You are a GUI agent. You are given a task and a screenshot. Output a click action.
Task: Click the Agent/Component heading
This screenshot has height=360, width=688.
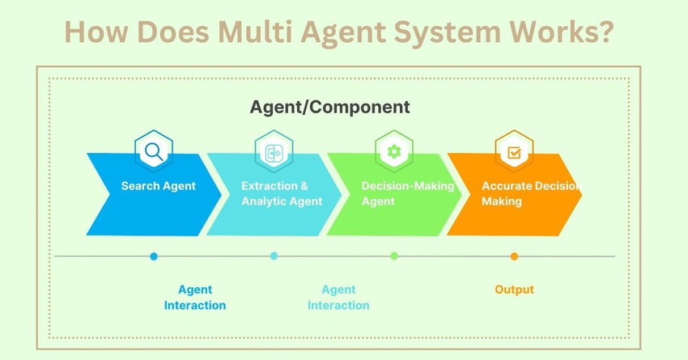(x=329, y=107)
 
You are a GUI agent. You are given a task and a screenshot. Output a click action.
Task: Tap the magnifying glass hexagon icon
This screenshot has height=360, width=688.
(x=154, y=151)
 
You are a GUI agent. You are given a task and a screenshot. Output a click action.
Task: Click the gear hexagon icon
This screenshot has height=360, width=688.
(x=394, y=151)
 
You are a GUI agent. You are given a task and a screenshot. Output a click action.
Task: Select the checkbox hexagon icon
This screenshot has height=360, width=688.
(x=514, y=151)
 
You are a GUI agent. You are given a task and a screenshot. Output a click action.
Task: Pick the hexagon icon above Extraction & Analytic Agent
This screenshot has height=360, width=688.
(x=274, y=151)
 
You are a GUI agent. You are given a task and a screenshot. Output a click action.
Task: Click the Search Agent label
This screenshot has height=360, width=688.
(x=159, y=186)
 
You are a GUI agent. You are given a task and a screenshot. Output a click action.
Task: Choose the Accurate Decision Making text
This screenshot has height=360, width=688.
(x=530, y=193)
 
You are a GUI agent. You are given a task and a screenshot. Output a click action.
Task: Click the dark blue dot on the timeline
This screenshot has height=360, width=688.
(x=154, y=256)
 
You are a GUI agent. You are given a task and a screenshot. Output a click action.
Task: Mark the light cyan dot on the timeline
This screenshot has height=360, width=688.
(x=274, y=256)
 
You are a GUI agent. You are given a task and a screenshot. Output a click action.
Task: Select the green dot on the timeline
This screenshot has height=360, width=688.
(x=394, y=256)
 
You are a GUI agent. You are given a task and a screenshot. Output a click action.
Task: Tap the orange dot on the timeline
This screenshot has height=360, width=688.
(x=514, y=256)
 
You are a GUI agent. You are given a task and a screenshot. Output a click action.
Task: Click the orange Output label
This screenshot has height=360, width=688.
(x=514, y=290)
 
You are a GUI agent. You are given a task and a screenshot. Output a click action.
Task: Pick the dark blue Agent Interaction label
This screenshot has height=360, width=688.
(x=195, y=297)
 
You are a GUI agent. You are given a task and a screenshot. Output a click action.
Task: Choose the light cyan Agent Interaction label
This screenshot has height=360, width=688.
(x=338, y=297)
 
